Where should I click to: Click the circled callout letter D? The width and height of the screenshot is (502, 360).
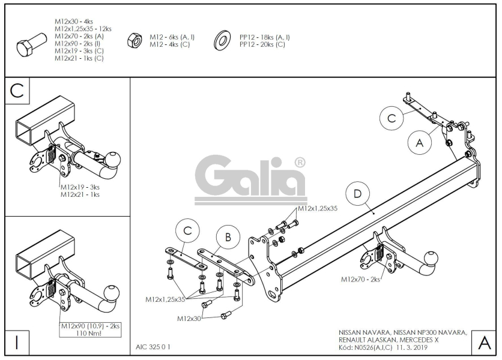[357, 194]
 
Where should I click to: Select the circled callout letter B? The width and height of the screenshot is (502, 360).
[228, 238]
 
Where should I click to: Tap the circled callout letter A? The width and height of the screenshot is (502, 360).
[419, 143]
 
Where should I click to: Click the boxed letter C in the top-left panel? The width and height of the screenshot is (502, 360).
[17, 91]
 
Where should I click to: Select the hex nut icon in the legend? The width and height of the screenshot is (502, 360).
[133, 41]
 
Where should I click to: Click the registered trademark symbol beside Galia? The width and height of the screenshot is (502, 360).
[300, 163]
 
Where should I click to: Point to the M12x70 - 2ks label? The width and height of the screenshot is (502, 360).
[361, 279]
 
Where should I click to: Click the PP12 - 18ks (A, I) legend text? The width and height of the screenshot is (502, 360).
[264, 37]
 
